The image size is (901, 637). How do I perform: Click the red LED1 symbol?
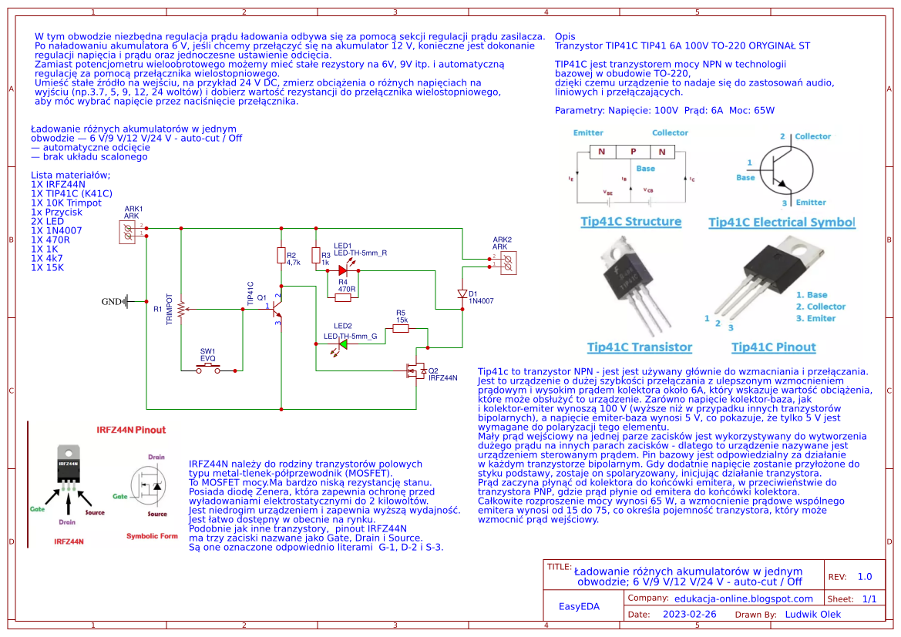[344, 270]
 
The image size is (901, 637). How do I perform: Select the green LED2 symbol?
[342, 344]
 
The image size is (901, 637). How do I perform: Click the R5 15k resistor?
[400, 329]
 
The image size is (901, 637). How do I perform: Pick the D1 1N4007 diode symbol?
[462, 294]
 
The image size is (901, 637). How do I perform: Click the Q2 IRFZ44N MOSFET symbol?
[416, 372]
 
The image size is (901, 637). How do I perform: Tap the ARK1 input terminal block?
[128, 233]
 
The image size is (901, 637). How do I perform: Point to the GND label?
[112, 302]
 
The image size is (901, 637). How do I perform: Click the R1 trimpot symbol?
[181, 309]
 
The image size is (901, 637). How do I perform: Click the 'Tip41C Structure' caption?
[630, 222]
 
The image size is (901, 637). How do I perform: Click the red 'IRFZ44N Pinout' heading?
[130, 430]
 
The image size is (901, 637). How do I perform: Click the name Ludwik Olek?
[813, 615]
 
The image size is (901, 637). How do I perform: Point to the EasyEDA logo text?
[579, 606]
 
